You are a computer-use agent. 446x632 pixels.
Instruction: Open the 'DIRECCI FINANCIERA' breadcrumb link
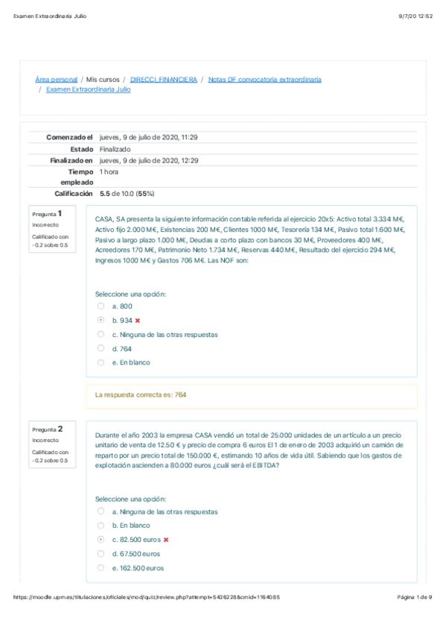click(164, 79)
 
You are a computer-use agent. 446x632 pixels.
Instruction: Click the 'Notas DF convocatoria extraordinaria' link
click(264, 79)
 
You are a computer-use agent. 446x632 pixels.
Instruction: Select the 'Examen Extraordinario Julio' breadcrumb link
click(88, 89)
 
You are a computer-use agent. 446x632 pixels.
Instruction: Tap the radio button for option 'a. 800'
click(101, 306)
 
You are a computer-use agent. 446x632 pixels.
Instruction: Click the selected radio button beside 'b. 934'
click(101, 320)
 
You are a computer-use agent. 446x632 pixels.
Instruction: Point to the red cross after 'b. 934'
click(138, 320)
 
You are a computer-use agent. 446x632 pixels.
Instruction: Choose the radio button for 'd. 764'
click(101, 348)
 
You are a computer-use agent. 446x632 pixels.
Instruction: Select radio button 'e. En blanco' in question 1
click(101, 362)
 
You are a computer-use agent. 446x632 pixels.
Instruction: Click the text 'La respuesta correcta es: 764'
click(141, 395)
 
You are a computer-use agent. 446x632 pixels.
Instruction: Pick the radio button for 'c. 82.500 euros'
click(101, 540)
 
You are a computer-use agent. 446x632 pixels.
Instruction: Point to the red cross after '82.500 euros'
click(166, 540)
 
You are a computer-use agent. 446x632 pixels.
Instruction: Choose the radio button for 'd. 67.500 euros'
click(101, 554)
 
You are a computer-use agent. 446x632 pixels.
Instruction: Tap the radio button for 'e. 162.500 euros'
click(101, 568)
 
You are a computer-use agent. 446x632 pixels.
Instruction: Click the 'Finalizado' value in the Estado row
click(115, 149)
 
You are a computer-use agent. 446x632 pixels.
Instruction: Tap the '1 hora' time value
click(109, 171)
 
